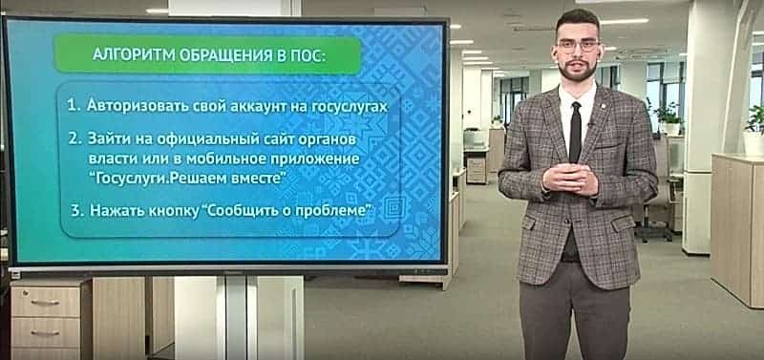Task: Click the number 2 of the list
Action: point(74,138)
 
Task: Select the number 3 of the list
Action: point(75,210)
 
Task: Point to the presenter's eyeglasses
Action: point(578,46)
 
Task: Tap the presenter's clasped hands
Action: point(570,178)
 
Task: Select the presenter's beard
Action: point(579,73)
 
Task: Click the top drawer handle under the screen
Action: point(45,302)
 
